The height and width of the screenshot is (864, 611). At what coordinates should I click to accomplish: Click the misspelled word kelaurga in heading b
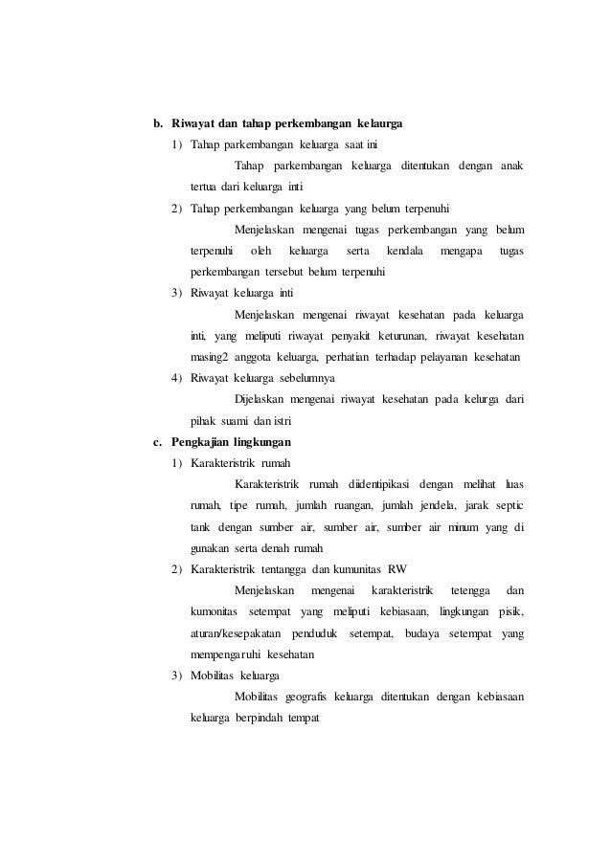[x=379, y=124]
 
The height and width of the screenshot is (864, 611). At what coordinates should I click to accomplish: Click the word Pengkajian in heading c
[x=201, y=442]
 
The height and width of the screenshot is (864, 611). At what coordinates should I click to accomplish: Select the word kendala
[x=404, y=252]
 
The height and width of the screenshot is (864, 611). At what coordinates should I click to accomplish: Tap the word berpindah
[x=261, y=717]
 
